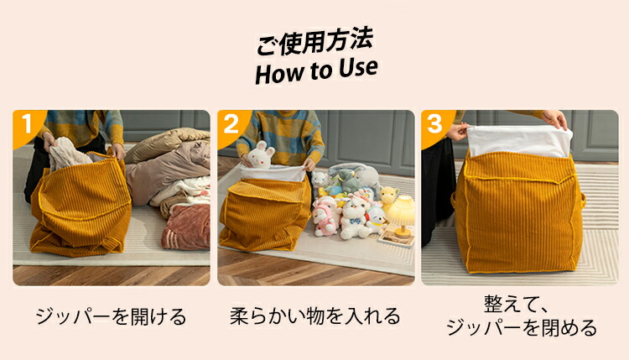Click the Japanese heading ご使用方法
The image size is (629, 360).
(x=315, y=41)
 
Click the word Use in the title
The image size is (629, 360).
(x=358, y=68)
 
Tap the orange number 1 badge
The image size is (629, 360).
(x=27, y=123)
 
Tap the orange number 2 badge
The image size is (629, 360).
(x=231, y=124)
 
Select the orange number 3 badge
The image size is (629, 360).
(x=434, y=124)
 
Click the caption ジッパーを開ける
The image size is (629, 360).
(x=111, y=316)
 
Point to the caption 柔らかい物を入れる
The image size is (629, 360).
(x=315, y=316)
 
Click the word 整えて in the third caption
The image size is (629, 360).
(x=510, y=305)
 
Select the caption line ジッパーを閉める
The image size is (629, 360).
(x=522, y=328)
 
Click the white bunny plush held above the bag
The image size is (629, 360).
(x=261, y=155)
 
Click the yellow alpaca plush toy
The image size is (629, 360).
(x=388, y=198)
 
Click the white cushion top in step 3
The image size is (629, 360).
(x=519, y=141)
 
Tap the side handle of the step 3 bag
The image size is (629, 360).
(x=582, y=200)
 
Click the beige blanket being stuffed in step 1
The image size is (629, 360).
(x=68, y=153)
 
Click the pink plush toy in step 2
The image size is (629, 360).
(x=324, y=218)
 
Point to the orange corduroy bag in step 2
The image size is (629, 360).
(x=265, y=212)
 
